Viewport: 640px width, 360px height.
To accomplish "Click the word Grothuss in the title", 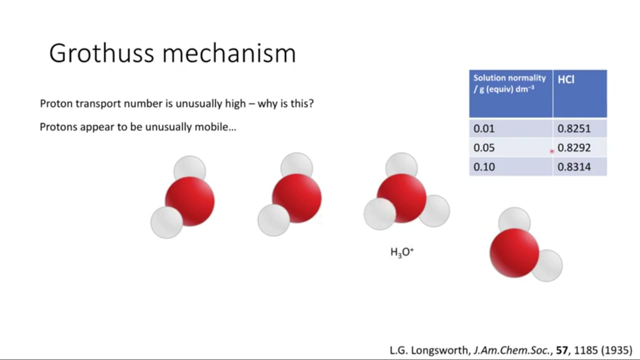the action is tap(101, 53).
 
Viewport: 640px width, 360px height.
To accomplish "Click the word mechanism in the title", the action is tap(229, 53).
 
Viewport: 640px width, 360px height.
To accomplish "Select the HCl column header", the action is tap(580, 93).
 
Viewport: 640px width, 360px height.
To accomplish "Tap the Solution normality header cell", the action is tap(511, 93).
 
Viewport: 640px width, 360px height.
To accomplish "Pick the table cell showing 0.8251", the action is tap(580, 128).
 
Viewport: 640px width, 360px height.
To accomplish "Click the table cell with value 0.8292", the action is tap(580, 147).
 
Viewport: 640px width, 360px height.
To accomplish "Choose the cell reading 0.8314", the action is tap(580, 166).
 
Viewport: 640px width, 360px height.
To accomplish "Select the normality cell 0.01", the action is tap(511, 128).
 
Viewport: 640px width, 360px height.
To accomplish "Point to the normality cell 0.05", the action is tap(511, 147).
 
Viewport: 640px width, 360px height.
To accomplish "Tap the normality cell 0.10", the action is tap(511, 166).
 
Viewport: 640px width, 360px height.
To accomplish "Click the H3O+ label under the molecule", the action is tap(402, 252).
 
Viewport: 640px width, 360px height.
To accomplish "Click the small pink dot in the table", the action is tap(551, 151).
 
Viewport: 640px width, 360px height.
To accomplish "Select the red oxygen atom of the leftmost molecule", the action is tap(189, 201).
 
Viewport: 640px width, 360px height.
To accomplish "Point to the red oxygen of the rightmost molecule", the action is tap(514, 253).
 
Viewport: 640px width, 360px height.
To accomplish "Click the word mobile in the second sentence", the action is tap(215, 127).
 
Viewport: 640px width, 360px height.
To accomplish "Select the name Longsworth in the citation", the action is tap(440, 350).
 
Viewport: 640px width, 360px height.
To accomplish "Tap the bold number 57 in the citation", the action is tap(561, 350).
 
